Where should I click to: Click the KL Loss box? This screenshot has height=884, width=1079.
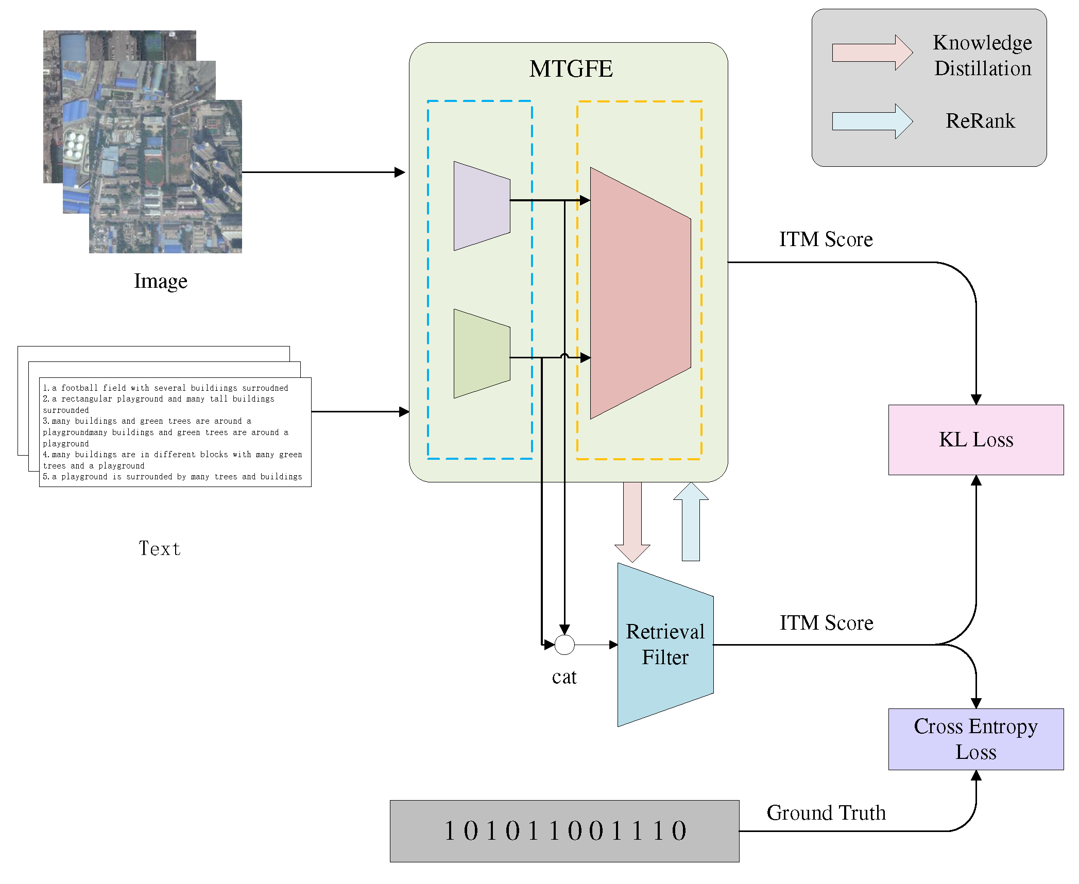click(x=975, y=440)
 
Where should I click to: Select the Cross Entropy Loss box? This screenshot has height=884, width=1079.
click(x=975, y=739)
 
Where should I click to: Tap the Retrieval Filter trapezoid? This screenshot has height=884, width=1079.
click(x=665, y=645)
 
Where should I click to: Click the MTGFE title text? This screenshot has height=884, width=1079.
click(x=571, y=69)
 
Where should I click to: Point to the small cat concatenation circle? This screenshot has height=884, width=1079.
click(x=564, y=645)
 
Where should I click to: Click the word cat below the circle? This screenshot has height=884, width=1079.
click(x=564, y=677)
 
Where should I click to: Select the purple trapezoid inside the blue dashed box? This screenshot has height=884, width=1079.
click(x=481, y=206)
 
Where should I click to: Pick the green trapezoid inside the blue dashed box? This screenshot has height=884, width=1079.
click(x=481, y=354)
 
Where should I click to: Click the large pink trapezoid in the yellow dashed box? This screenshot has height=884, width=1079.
click(x=640, y=293)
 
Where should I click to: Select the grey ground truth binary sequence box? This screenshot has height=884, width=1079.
click(x=564, y=830)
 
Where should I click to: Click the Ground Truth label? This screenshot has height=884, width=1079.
click(x=826, y=813)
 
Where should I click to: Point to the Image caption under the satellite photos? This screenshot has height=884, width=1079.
click(x=161, y=281)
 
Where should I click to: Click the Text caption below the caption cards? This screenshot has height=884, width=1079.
click(x=160, y=548)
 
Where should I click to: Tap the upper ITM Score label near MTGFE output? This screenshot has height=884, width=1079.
click(x=826, y=239)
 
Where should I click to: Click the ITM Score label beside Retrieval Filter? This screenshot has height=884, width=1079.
click(x=826, y=623)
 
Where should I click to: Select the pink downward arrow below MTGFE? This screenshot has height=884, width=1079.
click(x=632, y=520)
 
